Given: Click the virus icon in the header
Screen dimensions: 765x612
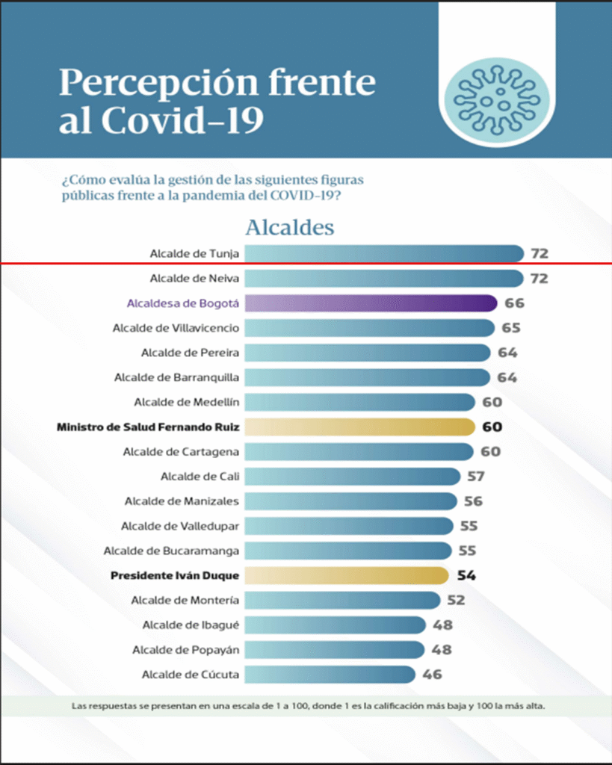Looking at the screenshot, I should point(495,96).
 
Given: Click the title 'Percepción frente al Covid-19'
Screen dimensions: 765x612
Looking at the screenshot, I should point(217,102).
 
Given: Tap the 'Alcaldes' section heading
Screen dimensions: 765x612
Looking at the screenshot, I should point(289,226).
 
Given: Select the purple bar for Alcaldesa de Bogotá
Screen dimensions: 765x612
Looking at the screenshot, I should point(371,303).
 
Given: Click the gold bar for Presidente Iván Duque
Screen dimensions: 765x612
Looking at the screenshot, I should point(346,575).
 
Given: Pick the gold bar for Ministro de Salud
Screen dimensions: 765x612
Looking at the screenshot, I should point(359,427).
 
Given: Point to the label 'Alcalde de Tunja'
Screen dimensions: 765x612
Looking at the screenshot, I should point(194,254).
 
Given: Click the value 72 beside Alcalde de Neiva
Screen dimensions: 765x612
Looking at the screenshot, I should point(539,279).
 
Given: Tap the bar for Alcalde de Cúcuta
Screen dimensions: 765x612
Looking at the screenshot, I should point(330,675).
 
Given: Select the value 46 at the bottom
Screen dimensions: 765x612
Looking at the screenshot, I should point(432,675).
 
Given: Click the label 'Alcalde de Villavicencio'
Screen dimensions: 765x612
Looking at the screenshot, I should point(176,328).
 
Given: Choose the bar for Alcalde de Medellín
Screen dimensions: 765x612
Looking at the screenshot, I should point(359,403).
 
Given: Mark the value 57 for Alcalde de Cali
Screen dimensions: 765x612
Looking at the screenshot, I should point(475,477).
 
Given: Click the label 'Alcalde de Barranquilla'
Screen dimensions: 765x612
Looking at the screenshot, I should point(176,377).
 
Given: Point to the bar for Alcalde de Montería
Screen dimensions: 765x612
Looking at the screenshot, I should point(342,600).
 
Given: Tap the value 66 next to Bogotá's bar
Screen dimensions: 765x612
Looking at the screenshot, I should point(514,303).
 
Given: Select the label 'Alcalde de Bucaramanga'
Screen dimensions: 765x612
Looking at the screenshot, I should point(171,551).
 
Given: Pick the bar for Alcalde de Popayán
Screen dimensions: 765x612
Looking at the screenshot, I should point(334,649).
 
